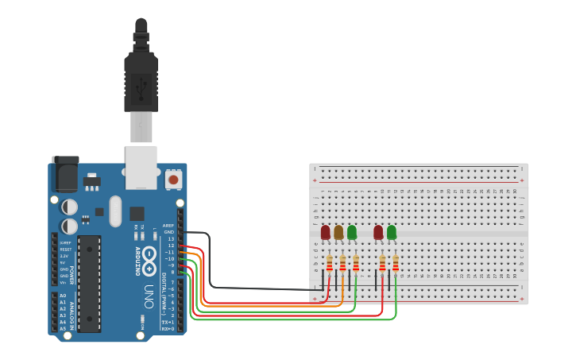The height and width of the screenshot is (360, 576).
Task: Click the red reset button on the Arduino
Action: pyautogui.click(x=173, y=180)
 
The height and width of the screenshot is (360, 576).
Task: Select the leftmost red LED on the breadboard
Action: pyautogui.click(x=326, y=232)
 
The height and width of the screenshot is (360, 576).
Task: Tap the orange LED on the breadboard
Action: pyautogui.click(x=338, y=232)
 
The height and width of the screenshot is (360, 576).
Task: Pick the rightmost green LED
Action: pyautogui.click(x=392, y=232)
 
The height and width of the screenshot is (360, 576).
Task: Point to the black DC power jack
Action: pyautogui.click(x=65, y=173)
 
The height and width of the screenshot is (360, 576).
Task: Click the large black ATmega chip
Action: pyautogui.click(x=89, y=283)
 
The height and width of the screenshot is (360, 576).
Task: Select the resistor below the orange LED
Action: pyautogui.click(x=342, y=263)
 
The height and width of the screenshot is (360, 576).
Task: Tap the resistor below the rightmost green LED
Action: pyautogui.click(x=396, y=263)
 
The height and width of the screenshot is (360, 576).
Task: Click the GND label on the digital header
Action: pyautogui.click(x=168, y=232)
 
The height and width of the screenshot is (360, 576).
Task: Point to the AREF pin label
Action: pyautogui.click(x=168, y=226)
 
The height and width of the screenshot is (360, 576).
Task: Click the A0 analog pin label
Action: pyautogui.click(x=63, y=296)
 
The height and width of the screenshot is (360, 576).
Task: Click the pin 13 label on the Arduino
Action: pyautogui.click(x=171, y=238)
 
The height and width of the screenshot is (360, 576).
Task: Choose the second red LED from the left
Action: pyautogui.click(x=379, y=232)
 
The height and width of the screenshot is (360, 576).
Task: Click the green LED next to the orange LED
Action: pyautogui.click(x=352, y=232)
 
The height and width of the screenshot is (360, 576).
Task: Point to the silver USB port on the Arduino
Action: pyautogui.click(x=141, y=167)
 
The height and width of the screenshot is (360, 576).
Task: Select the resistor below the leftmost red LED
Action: pyautogui.click(x=329, y=263)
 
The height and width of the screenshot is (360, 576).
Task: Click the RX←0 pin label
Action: pyautogui.click(x=168, y=328)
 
